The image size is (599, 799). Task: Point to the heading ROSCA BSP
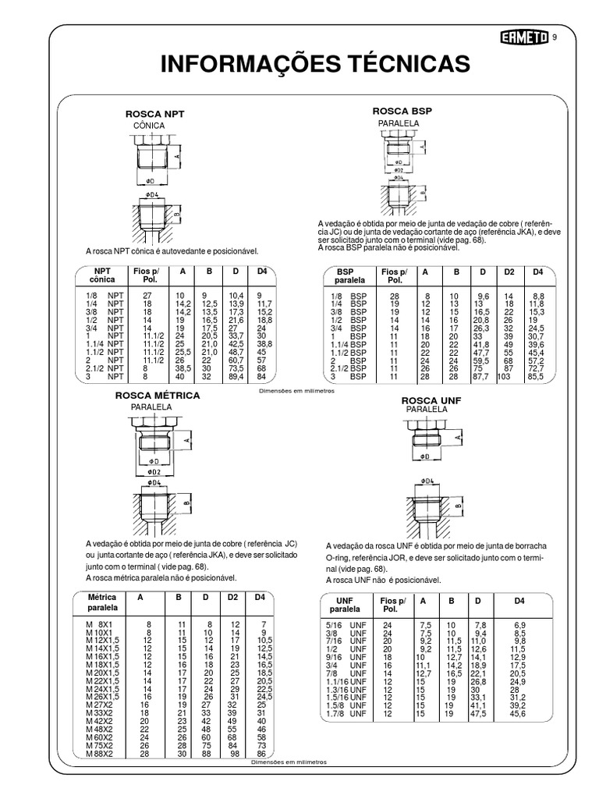pyautogui.click(x=402, y=112)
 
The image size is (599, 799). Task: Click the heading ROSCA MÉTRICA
pyautogui.click(x=158, y=396)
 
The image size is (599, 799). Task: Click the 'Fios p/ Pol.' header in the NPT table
pyautogui.click(x=146, y=275)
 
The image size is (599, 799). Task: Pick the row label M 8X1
pyautogui.click(x=100, y=625)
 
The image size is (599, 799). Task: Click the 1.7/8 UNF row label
pyautogui.click(x=346, y=713)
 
